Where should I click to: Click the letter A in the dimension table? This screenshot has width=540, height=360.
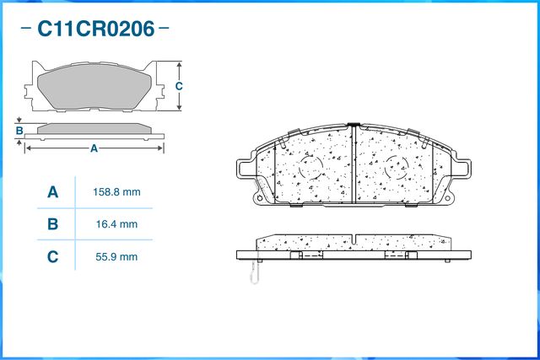tap(52, 192)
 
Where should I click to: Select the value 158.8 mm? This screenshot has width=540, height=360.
tap(116, 192)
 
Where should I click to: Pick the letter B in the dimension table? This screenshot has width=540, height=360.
tap(52, 224)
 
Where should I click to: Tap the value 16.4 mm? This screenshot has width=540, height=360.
tap(116, 224)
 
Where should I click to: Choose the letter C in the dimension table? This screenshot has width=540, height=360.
tap(52, 256)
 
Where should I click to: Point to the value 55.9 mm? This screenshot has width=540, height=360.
tap(116, 256)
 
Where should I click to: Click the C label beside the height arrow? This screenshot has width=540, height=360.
tap(179, 87)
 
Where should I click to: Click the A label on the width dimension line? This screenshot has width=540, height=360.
tap(94, 148)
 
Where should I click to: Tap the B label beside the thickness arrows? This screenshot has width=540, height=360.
tap(19, 131)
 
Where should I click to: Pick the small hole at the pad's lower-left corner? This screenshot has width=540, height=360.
tap(257, 199)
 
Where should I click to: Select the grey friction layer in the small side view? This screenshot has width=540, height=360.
tap(94, 127)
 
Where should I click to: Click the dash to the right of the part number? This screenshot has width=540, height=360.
tap(164, 30)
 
